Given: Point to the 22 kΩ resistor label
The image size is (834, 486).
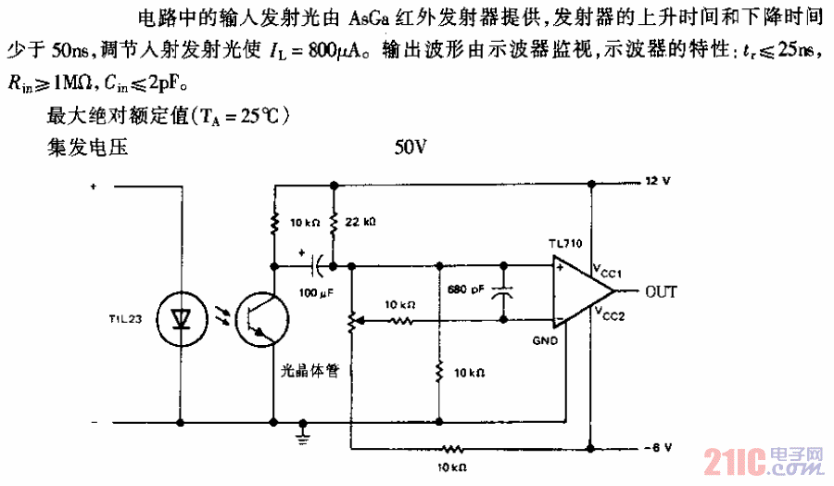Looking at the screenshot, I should tap(361, 224).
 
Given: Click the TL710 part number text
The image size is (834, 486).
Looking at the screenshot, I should tap(563, 244).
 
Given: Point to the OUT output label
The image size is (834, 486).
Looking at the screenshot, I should tap(661, 292).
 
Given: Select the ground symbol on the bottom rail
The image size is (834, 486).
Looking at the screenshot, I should tap(301, 431).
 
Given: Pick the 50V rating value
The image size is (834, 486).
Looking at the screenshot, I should tap(410, 146).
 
